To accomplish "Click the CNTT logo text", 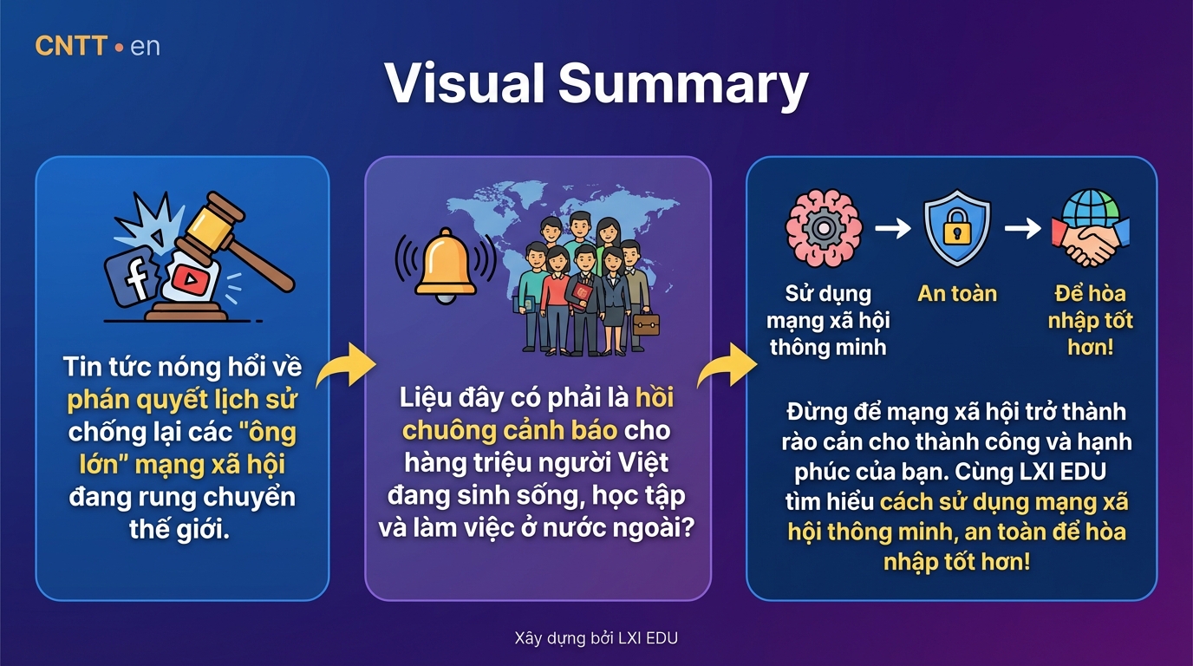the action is click(x=71, y=46).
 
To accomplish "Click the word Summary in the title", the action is click(x=683, y=85).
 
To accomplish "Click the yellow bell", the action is click(x=446, y=264).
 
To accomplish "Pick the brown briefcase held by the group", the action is click(x=646, y=323).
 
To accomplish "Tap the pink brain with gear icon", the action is click(x=824, y=228).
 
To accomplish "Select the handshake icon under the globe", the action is click(x=1091, y=243).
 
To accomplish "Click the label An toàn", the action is click(x=957, y=294).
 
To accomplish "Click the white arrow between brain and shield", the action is click(x=893, y=228).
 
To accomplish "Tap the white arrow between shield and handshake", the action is click(x=1022, y=228).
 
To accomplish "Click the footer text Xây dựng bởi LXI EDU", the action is click(x=596, y=637).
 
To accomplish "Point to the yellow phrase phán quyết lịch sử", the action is click(x=181, y=400).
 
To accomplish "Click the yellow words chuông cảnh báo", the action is click(x=510, y=430).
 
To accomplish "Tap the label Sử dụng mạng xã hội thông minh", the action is click(x=828, y=320).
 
